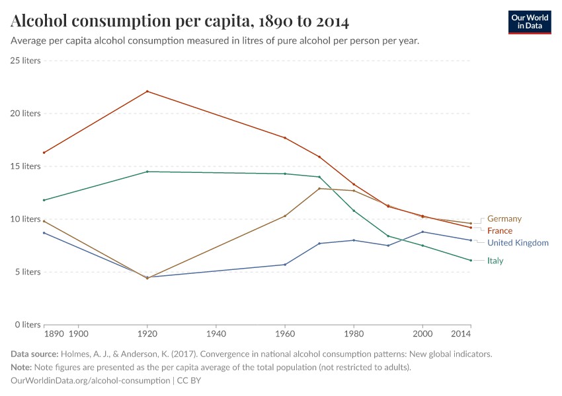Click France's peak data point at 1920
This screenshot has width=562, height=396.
pyautogui.click(x=147, y=91)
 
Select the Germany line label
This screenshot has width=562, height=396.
pyautogui.click(x=504, y=218)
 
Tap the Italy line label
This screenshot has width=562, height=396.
pyautogui.click(x=495, y=261)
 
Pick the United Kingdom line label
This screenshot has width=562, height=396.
pyautogui.click(x=518, y=243)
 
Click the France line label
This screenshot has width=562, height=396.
pyautogui.click(x=500, y=231)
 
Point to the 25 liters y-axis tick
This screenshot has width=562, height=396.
pyautogui.click(x=25, y=61)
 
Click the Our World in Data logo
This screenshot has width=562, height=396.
pyautogui.click(x=530, y=22)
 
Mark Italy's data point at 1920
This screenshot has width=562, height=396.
pyautogui.click(x=147, y=172)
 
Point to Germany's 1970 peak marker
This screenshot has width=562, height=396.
pyautogui.click(x=319, y=188)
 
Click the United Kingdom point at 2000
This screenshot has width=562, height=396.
pyautogui.click(x=422, y=232)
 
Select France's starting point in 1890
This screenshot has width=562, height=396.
pyautogui.click(x=44, y=152)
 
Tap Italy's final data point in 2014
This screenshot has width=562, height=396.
pyautogui.click(x=470, y=260)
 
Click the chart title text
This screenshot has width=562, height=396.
pyautogui.click(x=180, y=21)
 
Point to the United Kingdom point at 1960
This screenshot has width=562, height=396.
pyautogui.click(x=285, y=265)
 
